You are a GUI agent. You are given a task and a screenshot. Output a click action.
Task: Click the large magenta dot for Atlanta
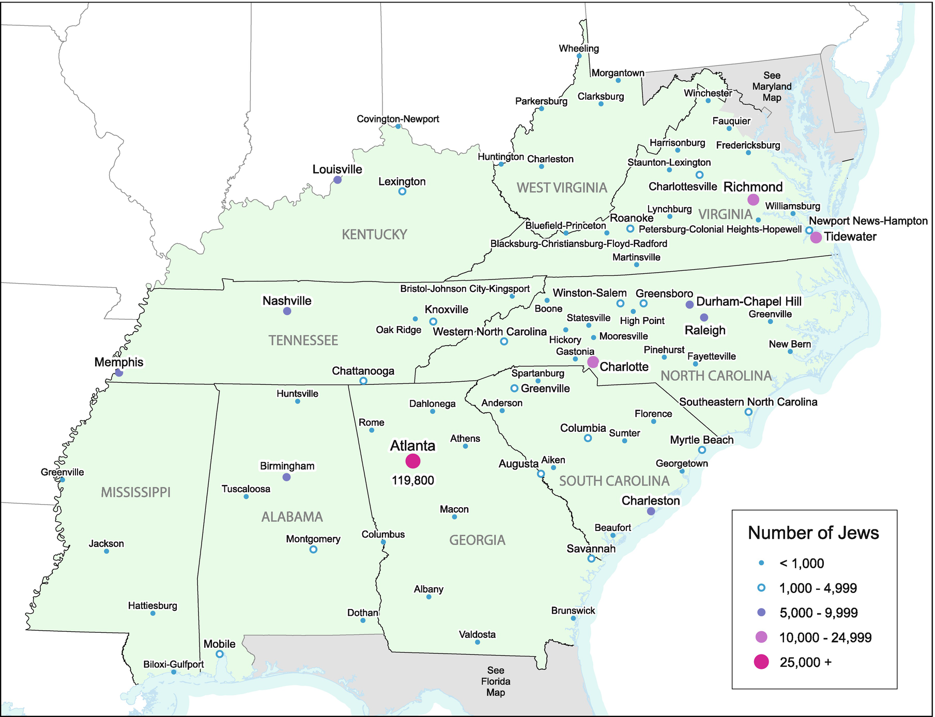click(x=413, y=461)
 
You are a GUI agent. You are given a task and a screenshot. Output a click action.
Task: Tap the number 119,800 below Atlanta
click(x=413, y=480)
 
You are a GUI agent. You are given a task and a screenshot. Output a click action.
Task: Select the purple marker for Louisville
click(x=338, y=180)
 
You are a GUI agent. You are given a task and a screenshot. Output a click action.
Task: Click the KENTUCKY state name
click(x=374, y=235)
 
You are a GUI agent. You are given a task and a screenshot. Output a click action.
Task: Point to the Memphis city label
click(x=119, y=362)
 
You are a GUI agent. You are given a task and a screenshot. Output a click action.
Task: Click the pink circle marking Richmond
click(x=753, y=199)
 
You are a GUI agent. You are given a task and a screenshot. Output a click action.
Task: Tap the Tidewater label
click(x=850, y=237)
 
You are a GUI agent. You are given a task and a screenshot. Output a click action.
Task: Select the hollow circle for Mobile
click(x=219, y=654)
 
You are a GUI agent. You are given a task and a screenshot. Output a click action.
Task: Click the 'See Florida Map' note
click(x=496, y=681)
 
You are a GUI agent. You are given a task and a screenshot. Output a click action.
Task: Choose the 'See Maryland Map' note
click(x=772, y=86)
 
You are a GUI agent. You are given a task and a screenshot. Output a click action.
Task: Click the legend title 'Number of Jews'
click(x=813, y=533)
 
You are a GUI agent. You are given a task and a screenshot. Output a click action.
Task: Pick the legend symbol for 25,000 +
click(x=761, y=662)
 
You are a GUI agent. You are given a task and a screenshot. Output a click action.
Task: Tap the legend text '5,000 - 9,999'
click(x=818, y=613)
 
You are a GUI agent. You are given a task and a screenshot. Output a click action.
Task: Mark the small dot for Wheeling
click(x=579, y=56)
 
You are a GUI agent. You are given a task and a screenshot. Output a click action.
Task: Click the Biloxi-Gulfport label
click(x=173, y=664)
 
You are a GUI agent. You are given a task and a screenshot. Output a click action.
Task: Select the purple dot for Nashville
click(x=287, y=311)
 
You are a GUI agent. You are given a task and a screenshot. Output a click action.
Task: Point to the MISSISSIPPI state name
click(x=135, y=492)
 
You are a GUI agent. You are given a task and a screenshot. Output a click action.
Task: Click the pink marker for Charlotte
click(x=593, y=362)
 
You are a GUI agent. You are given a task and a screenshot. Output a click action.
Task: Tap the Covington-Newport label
click(x=397, y=119)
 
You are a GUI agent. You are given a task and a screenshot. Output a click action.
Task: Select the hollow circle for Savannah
click(x=591, y=558)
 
